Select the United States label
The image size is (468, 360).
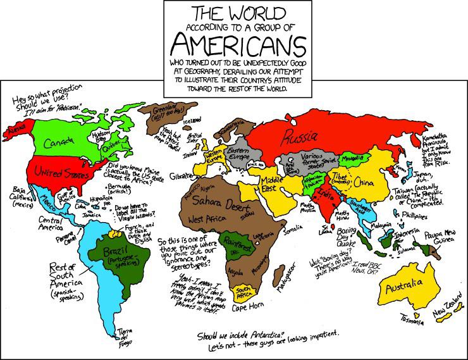coord(54,170)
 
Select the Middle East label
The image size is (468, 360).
coord(273,183)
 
